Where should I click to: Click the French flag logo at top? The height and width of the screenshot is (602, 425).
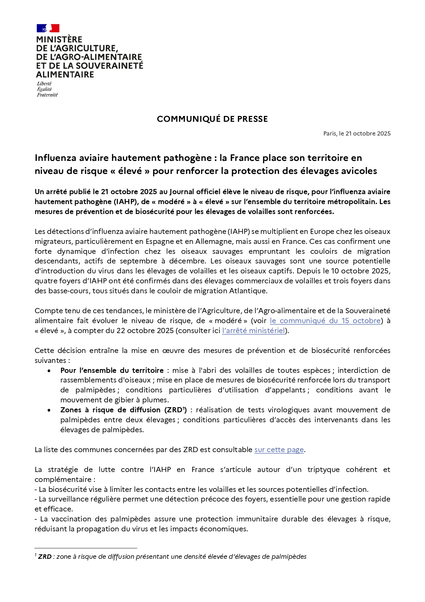coord(48,28)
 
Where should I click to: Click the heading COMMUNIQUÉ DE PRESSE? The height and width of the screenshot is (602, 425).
coord(212,119)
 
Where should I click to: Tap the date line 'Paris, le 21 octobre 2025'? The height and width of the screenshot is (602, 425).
coord(357,133)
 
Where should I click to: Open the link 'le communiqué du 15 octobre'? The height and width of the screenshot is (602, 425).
coord(325,321)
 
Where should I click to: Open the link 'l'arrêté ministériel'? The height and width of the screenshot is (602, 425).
coord(253,331)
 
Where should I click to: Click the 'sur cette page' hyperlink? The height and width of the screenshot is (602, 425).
coord(279,450)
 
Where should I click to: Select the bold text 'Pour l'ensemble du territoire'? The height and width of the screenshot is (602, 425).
coord(112,370)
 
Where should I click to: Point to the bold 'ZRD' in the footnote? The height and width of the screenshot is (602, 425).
coord(45,557)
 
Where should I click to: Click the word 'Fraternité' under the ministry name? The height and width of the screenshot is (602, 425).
coord(47,95)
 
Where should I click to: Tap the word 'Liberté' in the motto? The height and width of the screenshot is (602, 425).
coord(44,84)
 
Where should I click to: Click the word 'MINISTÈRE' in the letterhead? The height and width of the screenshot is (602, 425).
coord(59,39)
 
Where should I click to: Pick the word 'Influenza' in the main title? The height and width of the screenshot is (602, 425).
coord(55,158)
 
